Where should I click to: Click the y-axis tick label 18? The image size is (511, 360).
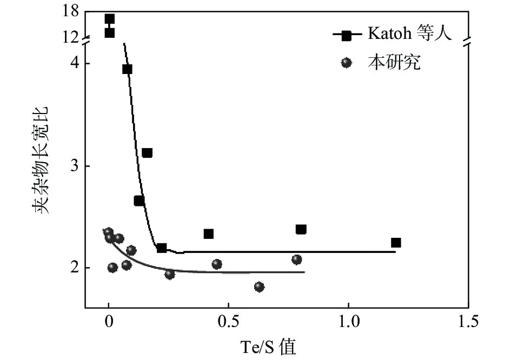71,11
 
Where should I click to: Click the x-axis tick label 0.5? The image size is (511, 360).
228,322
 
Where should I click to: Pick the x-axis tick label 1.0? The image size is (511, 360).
348,322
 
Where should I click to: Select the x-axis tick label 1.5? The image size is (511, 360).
468,322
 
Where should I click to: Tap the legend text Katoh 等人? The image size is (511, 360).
409,34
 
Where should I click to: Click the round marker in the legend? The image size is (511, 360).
347,63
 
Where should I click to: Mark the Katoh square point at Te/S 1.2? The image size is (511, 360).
396,243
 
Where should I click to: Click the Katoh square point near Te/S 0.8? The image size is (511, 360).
301,229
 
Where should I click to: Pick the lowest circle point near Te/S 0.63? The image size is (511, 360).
259,286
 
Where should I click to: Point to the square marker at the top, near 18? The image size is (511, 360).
109,19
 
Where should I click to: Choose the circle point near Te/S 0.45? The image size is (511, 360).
217,264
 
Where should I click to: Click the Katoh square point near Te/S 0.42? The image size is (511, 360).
209,234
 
